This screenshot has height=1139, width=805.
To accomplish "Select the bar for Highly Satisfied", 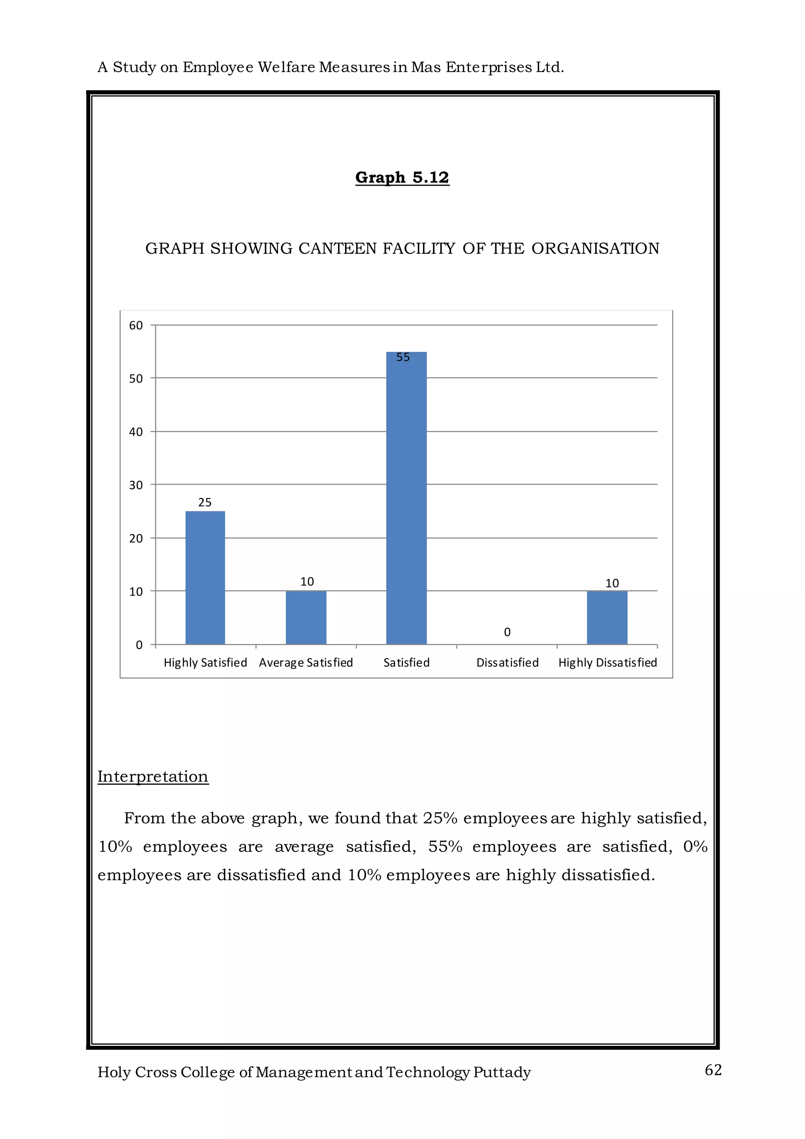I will pos(205,577).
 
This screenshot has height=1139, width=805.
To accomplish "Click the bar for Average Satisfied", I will pos(306,617).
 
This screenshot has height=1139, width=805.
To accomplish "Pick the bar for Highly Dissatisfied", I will pos(607,617).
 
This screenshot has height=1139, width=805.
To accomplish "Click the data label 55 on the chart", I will pos(403,357).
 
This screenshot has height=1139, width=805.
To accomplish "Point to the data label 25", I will pos(205,503).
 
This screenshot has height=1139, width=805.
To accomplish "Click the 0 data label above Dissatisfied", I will pos(507,632).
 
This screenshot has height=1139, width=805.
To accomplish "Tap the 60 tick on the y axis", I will pos(136,325).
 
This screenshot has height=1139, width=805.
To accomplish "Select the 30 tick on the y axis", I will pos(136,485).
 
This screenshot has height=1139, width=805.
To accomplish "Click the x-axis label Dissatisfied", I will pos(507,663).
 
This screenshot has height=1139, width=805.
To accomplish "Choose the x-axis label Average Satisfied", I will pos(306,663).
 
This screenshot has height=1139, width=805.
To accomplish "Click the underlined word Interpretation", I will pos(153,776).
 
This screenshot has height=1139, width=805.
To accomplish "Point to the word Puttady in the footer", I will pos(502,1072).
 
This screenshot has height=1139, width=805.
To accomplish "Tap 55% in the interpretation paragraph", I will pos(445,846).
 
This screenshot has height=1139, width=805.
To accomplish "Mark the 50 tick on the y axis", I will pos(136,378).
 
